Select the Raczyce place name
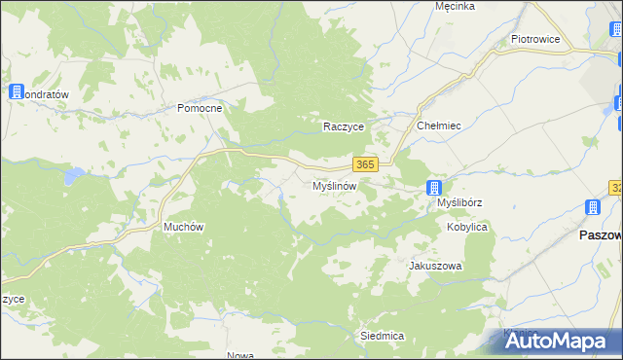click(344, 126)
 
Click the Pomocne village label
click(201, 108)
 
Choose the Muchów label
click(183, 227)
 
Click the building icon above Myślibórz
click(435, 188)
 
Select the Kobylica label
click(467, 227)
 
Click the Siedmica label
click(382, 335)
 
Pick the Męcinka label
click(455, 6)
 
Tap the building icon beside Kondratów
click(16, 91)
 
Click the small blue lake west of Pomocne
click(70, 176)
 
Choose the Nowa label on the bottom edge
click(239, 354)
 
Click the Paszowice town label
click(600, 235)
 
